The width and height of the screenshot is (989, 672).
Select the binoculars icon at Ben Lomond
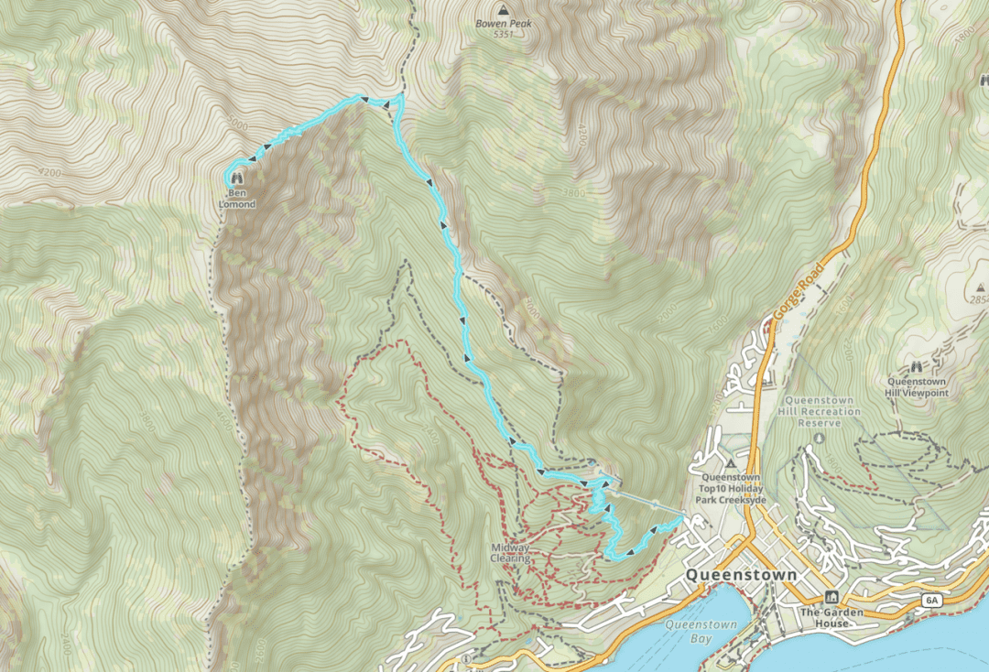[237, 179]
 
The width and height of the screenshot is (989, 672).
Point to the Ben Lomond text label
[237, 199]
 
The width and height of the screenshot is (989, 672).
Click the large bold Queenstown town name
[741, 575]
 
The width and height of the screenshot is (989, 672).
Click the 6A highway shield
[932, 601]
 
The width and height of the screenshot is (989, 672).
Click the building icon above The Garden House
[831, 597]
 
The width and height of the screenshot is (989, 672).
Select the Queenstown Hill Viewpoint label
[918, 386]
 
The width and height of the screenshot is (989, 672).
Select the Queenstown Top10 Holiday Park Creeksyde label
[732, 489]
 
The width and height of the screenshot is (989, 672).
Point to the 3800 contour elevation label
[574, 193]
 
